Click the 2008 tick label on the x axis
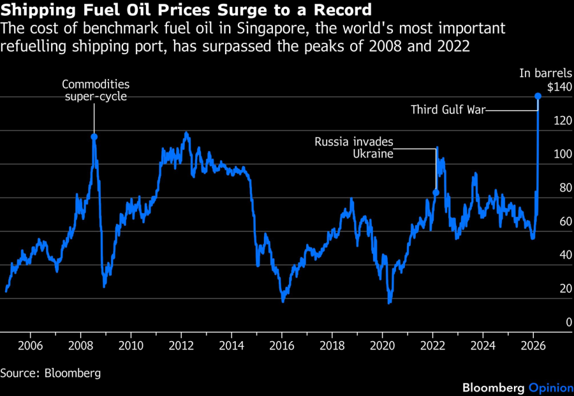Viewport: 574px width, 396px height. pyautogui.click(x=80, y=346)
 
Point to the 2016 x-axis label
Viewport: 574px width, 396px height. pyautogui.click(x=281, y=346)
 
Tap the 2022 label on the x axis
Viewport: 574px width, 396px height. pyautogui.click(x=432, y=346)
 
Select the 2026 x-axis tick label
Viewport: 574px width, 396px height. pyautogui.click(x=533, y=346)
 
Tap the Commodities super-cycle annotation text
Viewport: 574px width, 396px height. pyautogui.click(x=95, y=91)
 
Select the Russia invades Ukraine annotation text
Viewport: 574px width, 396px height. pyautogui.click(x=354, y=148)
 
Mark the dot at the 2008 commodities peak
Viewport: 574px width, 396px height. pyautogui.click(x=94, y=136)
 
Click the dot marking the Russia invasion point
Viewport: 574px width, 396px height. pyautogui.click(x=436, y=192)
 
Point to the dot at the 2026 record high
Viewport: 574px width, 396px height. pyautogui.click(x=538, y=96)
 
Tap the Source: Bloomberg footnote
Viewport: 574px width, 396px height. pyautogui.click(x=50, y=372)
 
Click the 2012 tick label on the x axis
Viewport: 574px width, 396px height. pyautogui.click(x=181, y=346)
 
